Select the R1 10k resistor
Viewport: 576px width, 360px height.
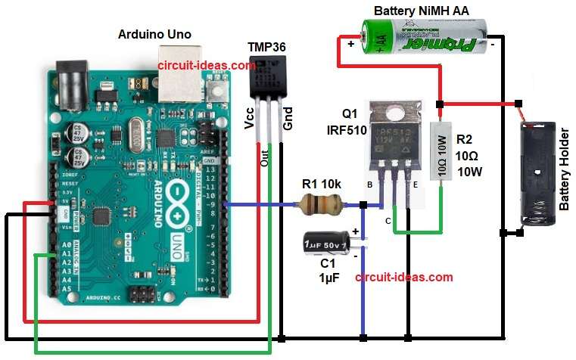pos(316,203)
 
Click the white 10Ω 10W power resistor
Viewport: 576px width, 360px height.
pos(441,155)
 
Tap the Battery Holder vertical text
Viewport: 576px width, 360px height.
pos(563,185)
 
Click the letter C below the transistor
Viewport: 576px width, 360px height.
pos(388,221)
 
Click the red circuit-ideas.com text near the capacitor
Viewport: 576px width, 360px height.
pos(403,277)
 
